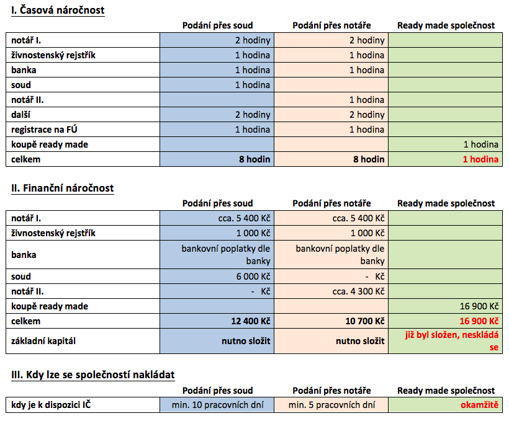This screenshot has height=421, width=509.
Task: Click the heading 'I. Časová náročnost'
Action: coord(58,10)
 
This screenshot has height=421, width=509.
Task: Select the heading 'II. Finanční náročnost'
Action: coord(62,188)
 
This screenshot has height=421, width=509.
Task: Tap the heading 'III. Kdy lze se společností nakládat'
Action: coord(93,374)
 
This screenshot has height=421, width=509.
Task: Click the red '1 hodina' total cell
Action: coord(480,159)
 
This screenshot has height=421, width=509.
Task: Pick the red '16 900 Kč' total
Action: coord(479,321)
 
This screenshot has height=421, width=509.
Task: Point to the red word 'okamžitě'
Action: coord(479,405)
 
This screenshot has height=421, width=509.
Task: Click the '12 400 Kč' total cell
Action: coord(251,321)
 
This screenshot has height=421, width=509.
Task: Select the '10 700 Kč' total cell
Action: coord(365,321)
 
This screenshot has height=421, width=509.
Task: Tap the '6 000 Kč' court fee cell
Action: coord(253,277)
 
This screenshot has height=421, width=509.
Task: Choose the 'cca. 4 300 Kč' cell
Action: coord(358,291)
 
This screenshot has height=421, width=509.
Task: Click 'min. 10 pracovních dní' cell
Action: coord(217,405)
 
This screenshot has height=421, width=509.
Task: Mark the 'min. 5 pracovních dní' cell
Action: coord(331,405)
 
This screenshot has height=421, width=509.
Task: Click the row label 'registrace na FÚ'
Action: coord(44,130)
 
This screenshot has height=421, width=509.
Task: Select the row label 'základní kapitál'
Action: coord(43,341)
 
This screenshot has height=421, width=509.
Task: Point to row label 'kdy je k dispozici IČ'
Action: coord(51,405)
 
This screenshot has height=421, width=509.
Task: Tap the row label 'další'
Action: coord(20,115)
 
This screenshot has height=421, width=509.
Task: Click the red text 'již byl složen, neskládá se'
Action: coord(451,341)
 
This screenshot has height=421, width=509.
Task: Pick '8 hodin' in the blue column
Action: coord(255,159)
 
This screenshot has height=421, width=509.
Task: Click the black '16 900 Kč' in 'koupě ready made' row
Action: coord(479,306)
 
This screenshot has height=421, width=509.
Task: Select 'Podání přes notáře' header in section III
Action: coord(331,391)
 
